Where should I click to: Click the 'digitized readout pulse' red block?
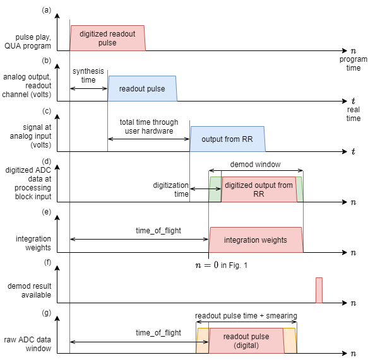[107, 38]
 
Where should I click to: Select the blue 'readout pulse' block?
[142, 89]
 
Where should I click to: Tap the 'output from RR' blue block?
[227, 139]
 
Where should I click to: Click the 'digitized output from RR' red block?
[259, 189]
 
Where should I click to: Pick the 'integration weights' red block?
[256, 240]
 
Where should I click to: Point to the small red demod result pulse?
[319, 290]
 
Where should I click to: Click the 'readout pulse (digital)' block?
[246, 341]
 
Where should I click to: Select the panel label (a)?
[46, 10]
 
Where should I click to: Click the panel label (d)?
[46, 161]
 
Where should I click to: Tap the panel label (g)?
[46, 313]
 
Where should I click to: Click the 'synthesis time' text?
[88, 75]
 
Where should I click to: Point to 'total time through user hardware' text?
[149, 126]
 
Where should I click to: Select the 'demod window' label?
[256, 165]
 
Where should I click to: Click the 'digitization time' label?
[170, 189]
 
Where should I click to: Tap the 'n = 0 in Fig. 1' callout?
[222, 265]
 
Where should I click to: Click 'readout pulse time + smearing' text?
[246, 316]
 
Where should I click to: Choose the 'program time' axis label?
[353, 64]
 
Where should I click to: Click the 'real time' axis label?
[353, 114]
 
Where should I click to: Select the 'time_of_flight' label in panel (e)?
[158, 231]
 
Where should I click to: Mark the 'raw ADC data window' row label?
[28, 344]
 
